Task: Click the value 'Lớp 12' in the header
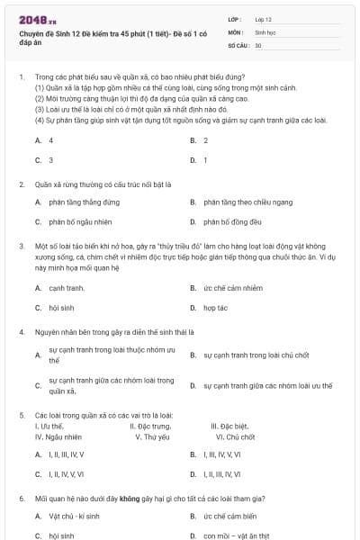(x=264, y=18)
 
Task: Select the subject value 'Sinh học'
(x=265, y=31)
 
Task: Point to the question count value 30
(x=258, y=44)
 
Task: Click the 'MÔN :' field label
(x=236, y=31)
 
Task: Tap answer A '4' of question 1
(x=50, y=140)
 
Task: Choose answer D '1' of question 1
(x=205, y=160)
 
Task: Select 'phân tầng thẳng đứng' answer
(x=85, y=202)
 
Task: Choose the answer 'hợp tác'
(x=215, y=308)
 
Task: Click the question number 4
(x=20, y=331)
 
